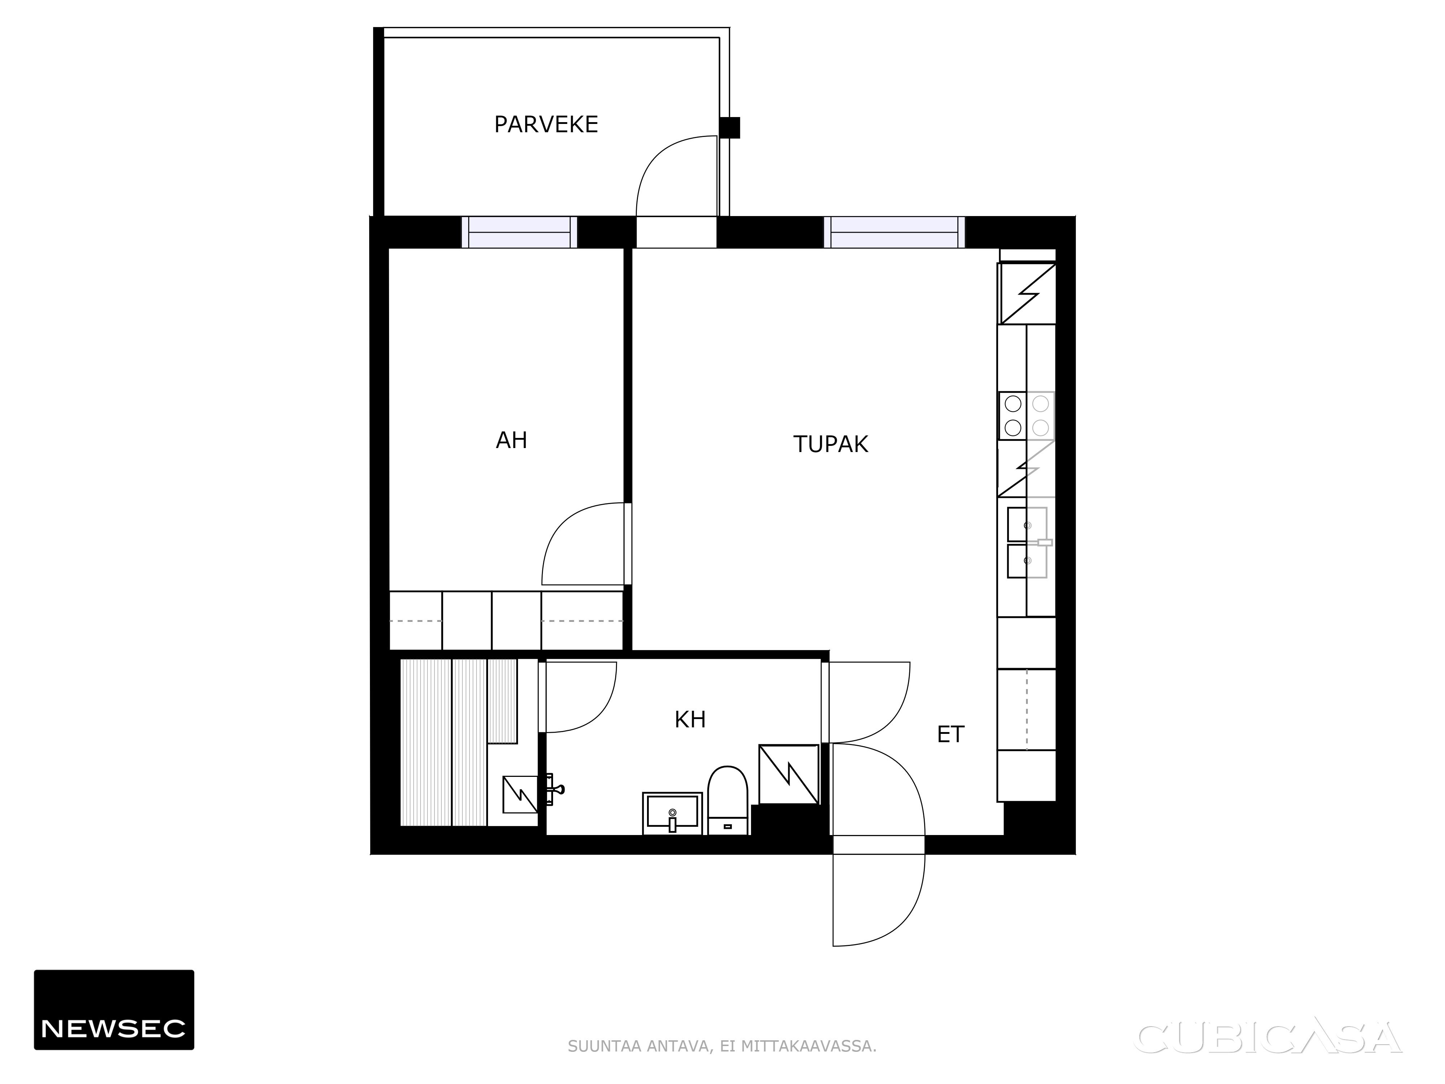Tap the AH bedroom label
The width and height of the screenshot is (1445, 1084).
512,440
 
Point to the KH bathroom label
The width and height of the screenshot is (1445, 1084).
690,719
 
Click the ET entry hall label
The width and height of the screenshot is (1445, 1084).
950,735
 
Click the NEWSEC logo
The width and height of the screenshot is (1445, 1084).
114,1010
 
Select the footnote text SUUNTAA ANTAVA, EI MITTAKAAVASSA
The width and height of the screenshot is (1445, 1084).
722,1046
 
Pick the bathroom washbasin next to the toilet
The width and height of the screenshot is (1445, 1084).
672,813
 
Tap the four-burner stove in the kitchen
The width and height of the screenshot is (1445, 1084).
1026,416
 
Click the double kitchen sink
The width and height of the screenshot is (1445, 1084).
1027,542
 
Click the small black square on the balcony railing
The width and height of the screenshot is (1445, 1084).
730,128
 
